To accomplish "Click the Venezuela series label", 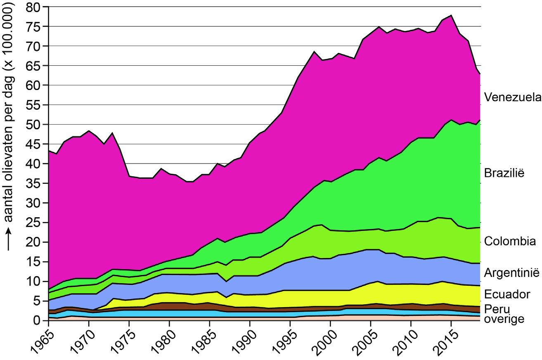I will click(511, 97).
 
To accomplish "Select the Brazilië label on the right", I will click(504, 173).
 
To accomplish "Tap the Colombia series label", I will click(510, 241).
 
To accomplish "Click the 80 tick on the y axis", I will click(34, 7).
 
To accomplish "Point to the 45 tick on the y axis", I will click(34, 144).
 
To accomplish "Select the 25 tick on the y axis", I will click(34, 223).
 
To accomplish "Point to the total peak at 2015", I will click(452, 15).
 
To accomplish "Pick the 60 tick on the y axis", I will click(34, 85).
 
